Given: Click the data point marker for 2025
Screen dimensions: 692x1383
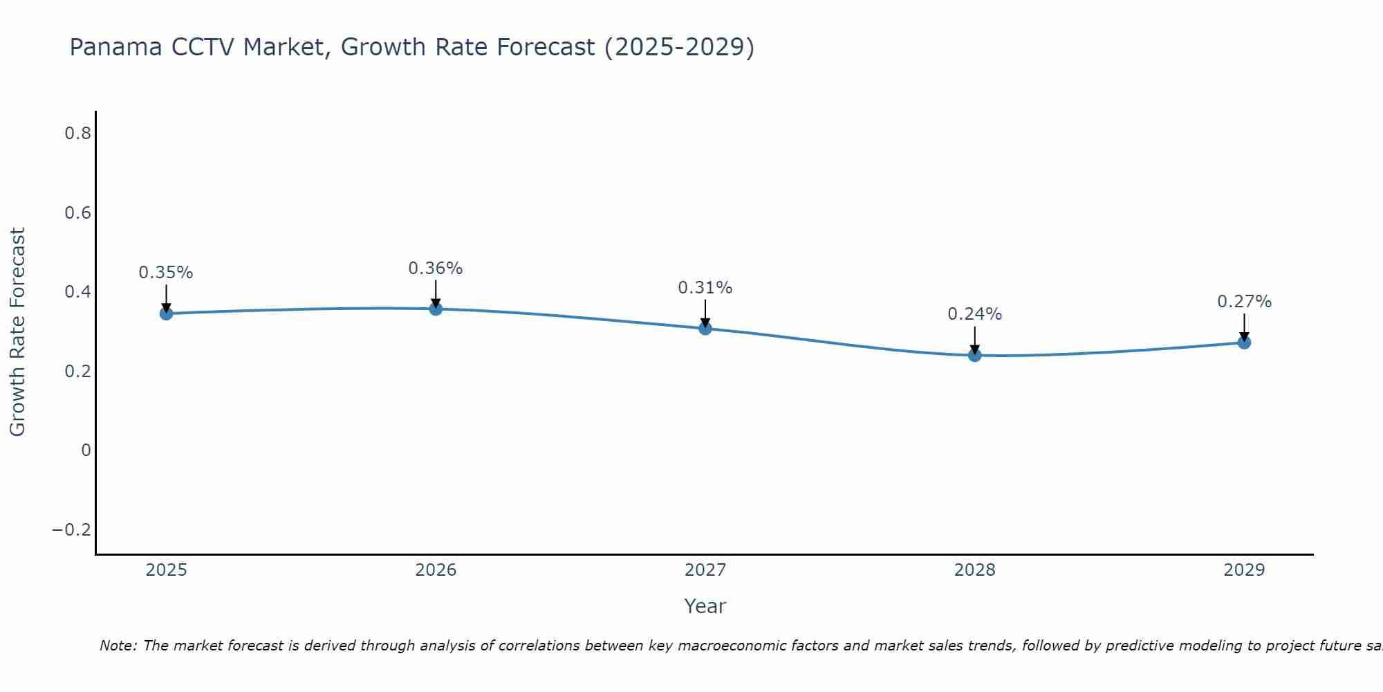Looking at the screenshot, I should tap(166, 313).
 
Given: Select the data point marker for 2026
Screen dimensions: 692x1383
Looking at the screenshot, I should tap(436, 309).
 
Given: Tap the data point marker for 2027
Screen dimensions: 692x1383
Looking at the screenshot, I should tap(705, 328).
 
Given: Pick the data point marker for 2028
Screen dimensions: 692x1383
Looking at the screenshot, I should tap(975, 356).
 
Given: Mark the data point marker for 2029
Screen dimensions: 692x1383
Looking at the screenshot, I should tap(1244, 343).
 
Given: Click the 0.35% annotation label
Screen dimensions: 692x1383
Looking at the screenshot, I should tap(166, 273).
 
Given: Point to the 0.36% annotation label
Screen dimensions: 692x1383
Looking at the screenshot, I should tap(436, 268).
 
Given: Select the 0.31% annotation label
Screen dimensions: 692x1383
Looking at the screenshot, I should tap(705, 288).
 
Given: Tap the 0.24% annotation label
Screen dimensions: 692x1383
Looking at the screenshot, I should tap(975, 314).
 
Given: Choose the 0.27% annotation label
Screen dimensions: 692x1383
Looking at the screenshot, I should tap(1244, 302).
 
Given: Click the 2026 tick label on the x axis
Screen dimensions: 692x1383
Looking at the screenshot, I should tap(436, 570).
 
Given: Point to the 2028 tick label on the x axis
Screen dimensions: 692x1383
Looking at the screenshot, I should tap(975, 570).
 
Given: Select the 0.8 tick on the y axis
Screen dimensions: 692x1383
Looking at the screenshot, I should tap(78, 134).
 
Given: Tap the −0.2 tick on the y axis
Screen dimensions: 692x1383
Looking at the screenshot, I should tap(72, 530).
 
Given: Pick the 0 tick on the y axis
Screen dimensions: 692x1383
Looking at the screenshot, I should tap(86, 450).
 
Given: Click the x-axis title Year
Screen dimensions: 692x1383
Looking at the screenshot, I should tap(705, 606).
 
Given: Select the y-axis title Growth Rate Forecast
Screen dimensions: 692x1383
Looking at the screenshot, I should tap(17, 332).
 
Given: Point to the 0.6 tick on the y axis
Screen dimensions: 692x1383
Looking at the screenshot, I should tap(78, 213).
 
